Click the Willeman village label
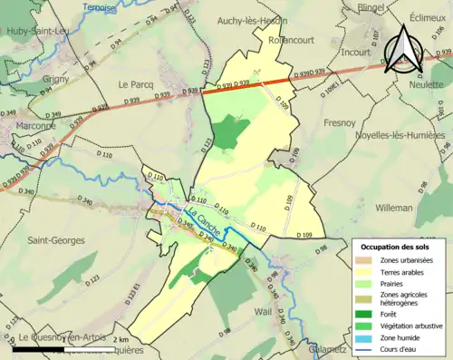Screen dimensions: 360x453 pyautogui.click(x=393, y=208)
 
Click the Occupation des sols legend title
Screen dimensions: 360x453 pyautogui.click(x=396, y=246)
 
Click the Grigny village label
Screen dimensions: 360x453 pyautogui.click(x=56, y=78)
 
